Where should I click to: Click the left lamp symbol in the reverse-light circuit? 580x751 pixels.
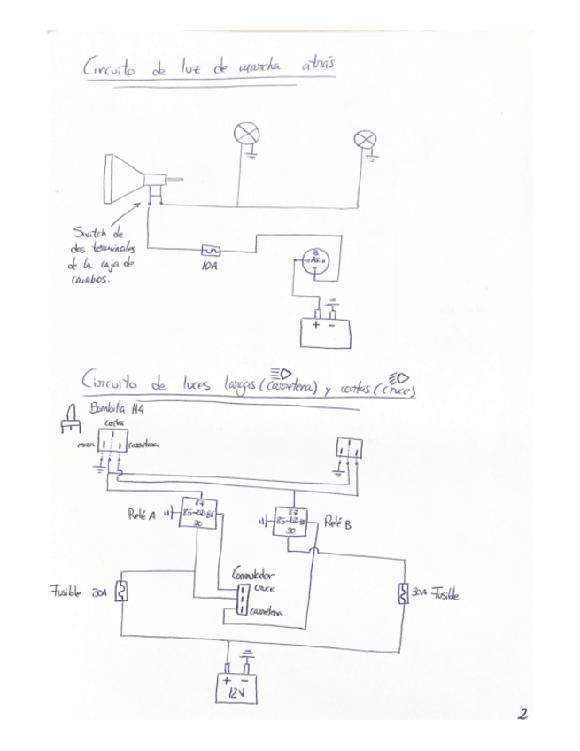pyautogui.click(x=244, y=135)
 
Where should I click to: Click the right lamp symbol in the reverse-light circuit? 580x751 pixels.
pyautogui.click(x=363, y=139)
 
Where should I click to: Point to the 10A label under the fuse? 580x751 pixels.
pyautogui.click(x=210, y=265)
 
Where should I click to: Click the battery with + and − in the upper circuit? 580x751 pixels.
pyautogui.click(x=325, y=330)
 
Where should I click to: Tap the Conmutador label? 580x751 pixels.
pyautogui.click(x=252, y=574)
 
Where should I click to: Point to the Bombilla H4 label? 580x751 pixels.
pyautogui.click(x=114, y=409)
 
